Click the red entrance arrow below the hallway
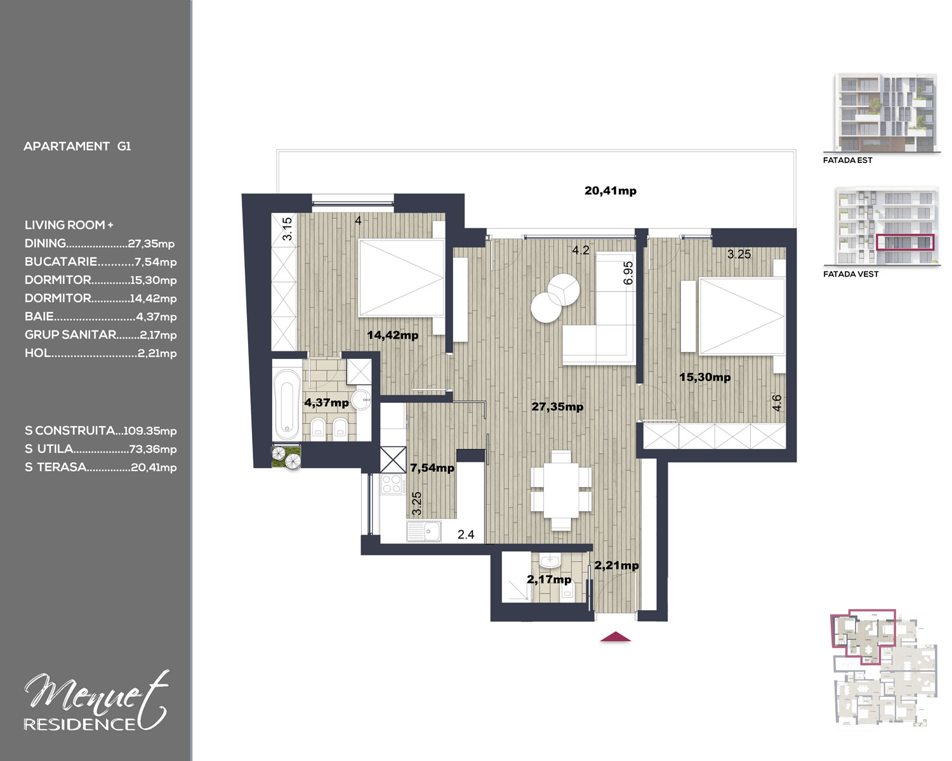(x=615, y=637)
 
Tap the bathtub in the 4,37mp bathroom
(x=287, y=404)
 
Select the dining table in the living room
(x=561, y=490)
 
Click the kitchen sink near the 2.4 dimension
(x=424, y=531)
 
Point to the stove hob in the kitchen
(x=392, y=484)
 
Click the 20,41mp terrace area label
(x=611, y=191)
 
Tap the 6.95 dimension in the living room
(x=628, y=273)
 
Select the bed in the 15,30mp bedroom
(x=741, y=316)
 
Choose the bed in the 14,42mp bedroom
(x=401, y=278)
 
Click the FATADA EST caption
(x=848, y=160)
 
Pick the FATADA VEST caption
(x=850, y=274)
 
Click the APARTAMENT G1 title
(x=77, y=146)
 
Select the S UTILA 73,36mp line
(x=100, y=449)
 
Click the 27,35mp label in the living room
(x=557, y=407)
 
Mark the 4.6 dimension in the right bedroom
(x=777, y=403)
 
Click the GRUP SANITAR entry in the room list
(x=100, y=335)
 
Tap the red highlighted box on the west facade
(x=904, y=242)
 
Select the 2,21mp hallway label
(x=616, y=565)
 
